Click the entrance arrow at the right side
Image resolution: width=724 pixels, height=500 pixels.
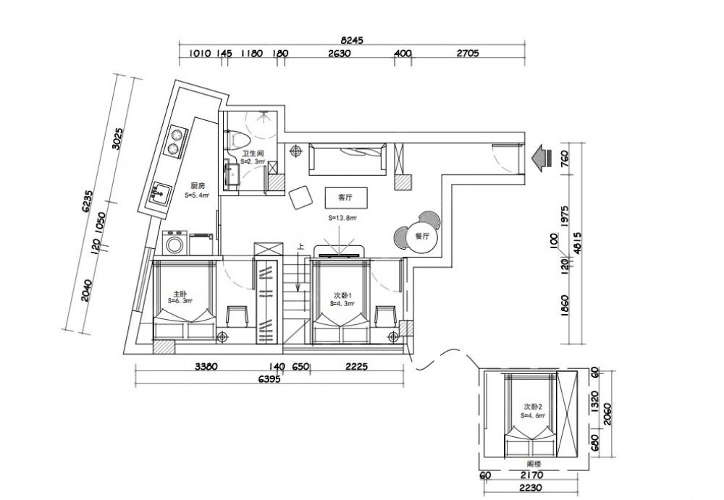[x=540, y=156]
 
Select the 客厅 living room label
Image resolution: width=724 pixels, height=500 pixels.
[x=334, y=197]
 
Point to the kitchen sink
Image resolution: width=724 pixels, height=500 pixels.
[x=160, y=193]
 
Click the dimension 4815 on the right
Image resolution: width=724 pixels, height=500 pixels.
[x=577, y=247]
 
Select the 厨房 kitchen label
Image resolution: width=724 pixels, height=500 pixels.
[x=197, y=185]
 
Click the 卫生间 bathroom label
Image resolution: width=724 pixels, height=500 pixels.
[x=252, y=153]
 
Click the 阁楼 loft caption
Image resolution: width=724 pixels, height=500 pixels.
[x=534, y=463]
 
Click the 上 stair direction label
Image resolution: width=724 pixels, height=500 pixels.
[x=300, y=247]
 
